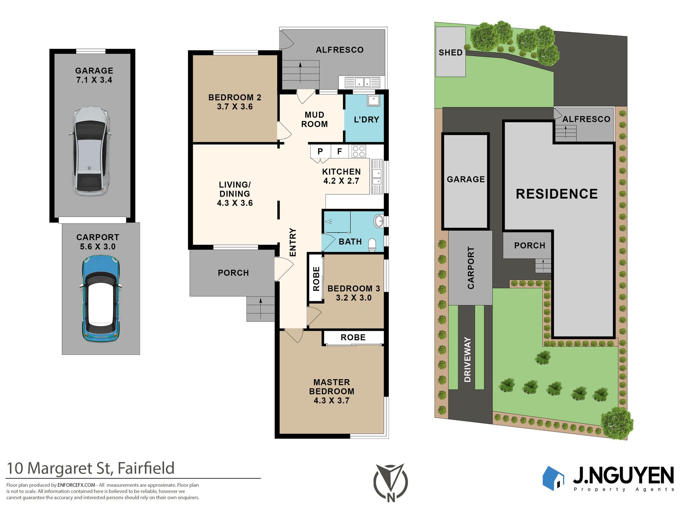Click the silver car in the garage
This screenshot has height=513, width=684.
90,151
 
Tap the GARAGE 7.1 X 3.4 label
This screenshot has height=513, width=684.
94,75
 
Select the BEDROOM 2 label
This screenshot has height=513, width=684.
235,97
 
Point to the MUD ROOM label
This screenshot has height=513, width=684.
314,120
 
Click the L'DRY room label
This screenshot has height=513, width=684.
366,120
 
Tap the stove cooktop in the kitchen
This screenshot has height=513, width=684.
359,151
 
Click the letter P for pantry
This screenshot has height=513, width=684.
320,152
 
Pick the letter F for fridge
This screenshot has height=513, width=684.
339,152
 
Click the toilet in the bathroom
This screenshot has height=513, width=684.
372,245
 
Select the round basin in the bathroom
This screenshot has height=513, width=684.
379,221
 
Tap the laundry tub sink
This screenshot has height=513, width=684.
373,100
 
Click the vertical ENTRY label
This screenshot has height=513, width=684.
293,242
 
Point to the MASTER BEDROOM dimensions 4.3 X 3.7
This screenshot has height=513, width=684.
332,401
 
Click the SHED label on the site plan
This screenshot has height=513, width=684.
450,53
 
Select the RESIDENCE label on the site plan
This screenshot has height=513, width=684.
557,194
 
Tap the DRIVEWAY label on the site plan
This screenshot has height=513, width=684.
468,360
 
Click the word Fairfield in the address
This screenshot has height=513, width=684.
146,468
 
